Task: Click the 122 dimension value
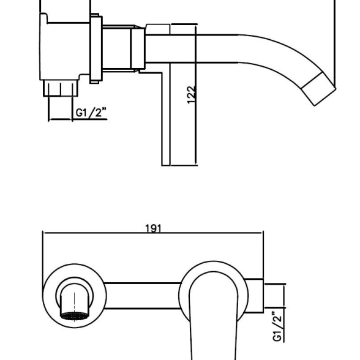191,95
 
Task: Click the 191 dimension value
153,228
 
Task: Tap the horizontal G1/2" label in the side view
91,112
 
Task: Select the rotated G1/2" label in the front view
277,326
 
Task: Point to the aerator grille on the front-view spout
75,316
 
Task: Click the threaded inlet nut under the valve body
61,88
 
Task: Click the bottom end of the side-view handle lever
166,165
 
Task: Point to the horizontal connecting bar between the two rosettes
142,296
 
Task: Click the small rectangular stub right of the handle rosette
254,296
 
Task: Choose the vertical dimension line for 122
196,96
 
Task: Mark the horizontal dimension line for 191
153,233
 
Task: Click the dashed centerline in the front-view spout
75,307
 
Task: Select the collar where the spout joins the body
138,49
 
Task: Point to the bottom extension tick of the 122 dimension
184,165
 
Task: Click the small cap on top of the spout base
158,29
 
